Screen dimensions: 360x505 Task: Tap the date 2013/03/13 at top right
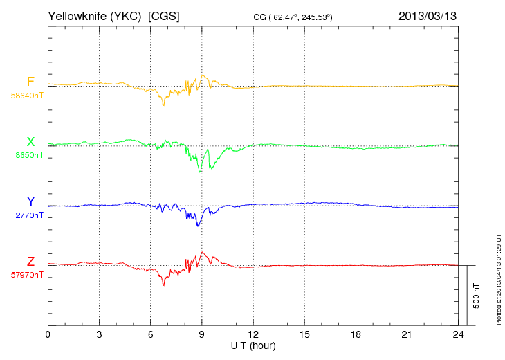428,15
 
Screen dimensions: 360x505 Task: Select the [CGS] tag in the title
164,15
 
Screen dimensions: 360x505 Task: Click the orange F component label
30,82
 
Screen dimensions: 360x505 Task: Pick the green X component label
30,142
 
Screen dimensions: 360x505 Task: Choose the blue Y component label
30,201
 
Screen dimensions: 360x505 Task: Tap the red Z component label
30,261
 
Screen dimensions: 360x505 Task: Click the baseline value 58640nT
27,96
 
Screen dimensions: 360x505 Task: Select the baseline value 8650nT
29,155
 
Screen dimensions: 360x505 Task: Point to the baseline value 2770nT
29,215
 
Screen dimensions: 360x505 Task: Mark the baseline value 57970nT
27,275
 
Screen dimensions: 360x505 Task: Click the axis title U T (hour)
252,345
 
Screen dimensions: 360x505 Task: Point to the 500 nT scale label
477,295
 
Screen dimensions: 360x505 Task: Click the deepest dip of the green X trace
201,172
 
